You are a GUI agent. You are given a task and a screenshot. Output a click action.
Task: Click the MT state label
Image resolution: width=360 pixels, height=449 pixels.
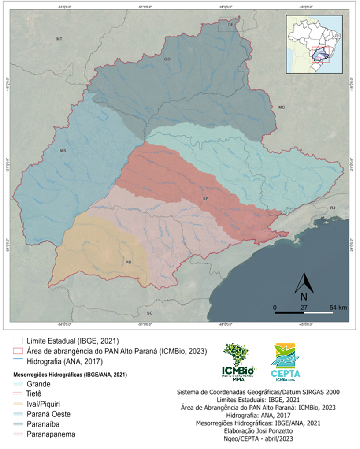(59, 40)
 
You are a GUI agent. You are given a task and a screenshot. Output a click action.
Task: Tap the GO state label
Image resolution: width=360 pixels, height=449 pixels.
(167, 59)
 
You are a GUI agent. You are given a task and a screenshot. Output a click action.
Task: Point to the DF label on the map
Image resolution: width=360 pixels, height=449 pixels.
(230, 25)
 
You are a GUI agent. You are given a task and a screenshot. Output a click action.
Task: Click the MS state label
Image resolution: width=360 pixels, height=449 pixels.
(63, 151)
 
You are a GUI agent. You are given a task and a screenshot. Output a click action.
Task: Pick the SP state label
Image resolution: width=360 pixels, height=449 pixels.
(205, 199)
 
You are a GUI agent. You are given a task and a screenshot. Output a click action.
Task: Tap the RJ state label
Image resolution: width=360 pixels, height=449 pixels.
(333, 208)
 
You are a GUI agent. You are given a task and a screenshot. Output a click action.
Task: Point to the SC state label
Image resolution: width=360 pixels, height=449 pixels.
(150, 313)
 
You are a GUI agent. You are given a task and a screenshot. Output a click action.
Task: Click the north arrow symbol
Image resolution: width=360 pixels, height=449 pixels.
(304, 285)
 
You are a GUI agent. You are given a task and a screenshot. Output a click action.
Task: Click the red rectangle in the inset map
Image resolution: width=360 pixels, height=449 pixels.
(320, 55)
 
